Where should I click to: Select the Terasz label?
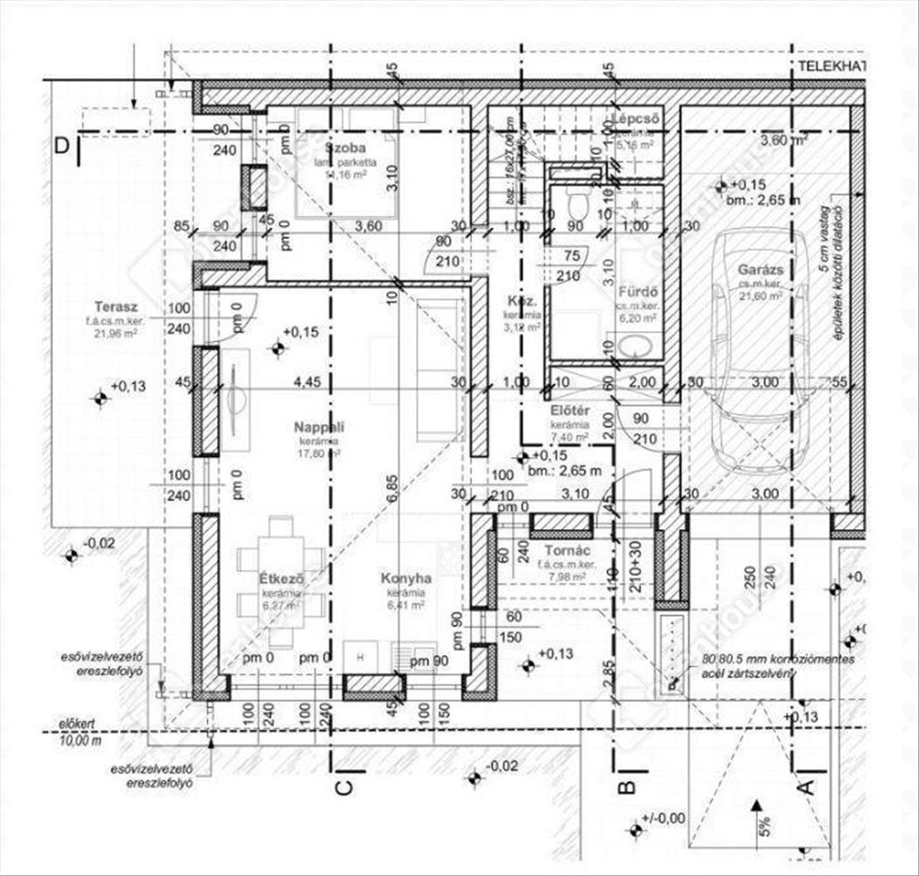click(117, 307)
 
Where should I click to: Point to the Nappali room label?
click(318, 427)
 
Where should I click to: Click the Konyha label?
click(405, 579)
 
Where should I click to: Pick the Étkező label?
click(281, 579)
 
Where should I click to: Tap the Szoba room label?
click(344, 147)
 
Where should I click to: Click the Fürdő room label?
click(638, 293)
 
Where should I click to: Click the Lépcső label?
click(635, 118)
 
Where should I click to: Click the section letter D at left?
click(61, 145)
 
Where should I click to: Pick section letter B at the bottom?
click(626, 786)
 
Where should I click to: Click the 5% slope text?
click(764, 825)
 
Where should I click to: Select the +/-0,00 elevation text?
click(664, 819)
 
